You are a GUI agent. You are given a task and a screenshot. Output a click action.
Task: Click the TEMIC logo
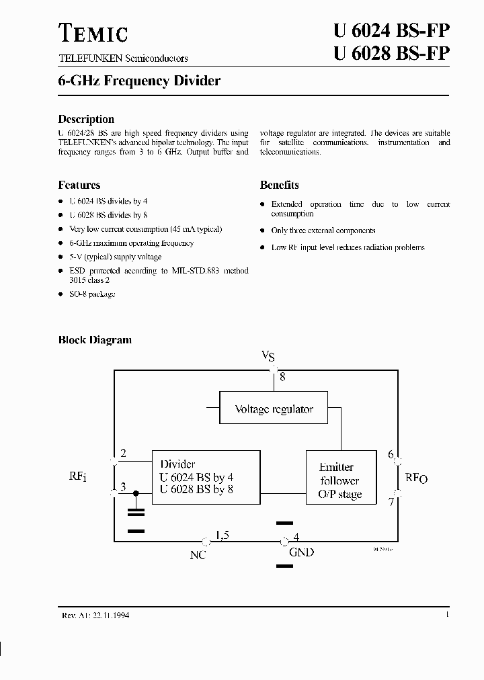93,33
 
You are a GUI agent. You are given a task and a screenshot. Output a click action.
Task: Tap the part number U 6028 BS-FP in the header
391,54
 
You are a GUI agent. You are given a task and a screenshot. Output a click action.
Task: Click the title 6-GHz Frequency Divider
139,81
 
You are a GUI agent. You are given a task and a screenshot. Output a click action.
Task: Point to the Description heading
86,119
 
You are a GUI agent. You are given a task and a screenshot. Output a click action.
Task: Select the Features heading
79,185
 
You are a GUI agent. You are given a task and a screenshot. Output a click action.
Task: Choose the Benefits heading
280,185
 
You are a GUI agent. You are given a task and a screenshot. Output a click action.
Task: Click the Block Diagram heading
95,340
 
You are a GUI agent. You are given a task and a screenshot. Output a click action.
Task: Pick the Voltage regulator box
274,409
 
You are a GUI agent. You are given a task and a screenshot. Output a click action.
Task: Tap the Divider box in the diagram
206,477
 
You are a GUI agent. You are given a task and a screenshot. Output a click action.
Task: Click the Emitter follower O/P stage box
340,480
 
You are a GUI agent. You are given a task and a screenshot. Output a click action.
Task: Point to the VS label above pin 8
268,356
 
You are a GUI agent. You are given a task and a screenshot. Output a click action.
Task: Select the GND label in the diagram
301,552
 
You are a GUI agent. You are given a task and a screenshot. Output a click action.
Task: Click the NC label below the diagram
198,554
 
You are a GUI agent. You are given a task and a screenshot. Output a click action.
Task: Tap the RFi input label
78,477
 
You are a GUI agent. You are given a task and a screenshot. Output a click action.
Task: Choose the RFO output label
416,478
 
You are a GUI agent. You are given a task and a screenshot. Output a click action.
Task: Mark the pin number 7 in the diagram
391,501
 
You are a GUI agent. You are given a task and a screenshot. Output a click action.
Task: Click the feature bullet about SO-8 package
92,294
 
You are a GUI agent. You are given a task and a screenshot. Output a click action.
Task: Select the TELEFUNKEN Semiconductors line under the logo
123,58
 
